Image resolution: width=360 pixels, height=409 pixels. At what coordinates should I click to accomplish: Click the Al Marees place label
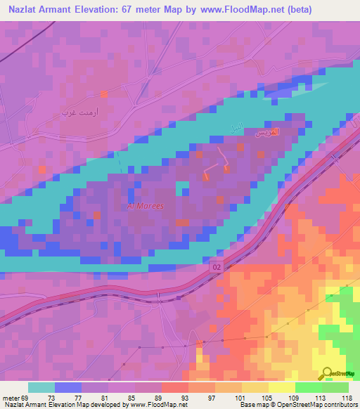145,206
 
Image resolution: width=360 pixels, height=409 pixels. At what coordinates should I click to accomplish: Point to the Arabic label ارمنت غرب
77,112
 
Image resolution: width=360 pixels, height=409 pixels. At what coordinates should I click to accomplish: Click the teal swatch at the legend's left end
41,387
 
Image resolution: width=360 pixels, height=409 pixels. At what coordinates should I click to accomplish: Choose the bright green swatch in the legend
308,387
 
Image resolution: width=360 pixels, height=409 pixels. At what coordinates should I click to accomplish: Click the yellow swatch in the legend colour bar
281,387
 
